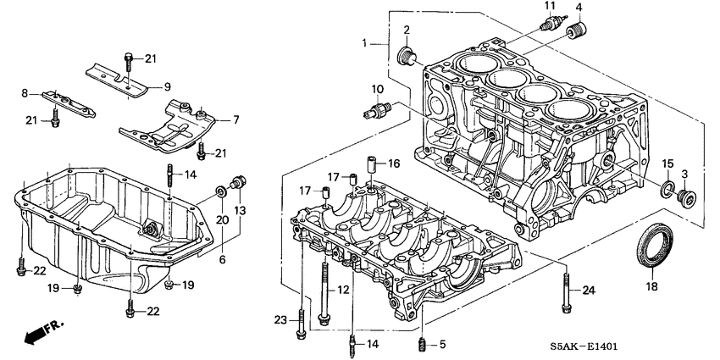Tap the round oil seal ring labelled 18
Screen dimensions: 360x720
pos(654,245)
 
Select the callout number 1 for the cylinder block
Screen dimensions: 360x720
pos(365,42)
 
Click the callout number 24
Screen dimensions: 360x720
pos(589,291)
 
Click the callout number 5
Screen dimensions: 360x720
pos(441,343)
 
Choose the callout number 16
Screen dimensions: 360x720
pos(394,163)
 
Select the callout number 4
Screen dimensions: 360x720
pos(579,8)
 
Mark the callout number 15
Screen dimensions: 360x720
pos(667,163)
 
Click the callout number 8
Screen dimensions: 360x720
pos(25,93)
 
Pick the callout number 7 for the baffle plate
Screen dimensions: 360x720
pos(236,119)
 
